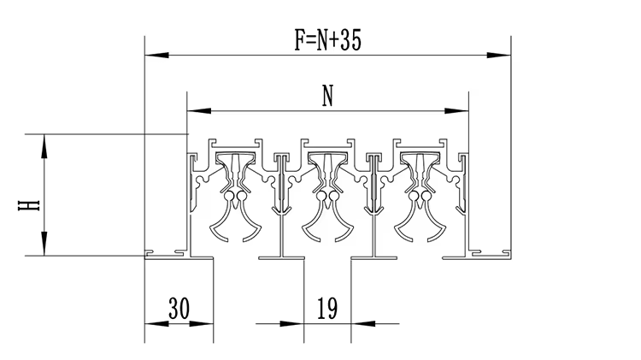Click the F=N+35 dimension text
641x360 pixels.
click(327, 41)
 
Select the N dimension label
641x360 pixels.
click(327, 97)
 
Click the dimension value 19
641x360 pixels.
click(328, 307)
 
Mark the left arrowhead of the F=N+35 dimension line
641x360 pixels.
click(151, 55)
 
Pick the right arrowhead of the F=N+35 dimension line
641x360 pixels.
click(504, 55)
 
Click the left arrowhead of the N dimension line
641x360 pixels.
click(194, 110)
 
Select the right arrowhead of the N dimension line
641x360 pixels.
click(462, 110)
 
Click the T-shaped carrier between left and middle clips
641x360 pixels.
click(282, 205)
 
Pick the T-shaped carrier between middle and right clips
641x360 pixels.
click(374, 205)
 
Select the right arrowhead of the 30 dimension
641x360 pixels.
click(207, 324)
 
